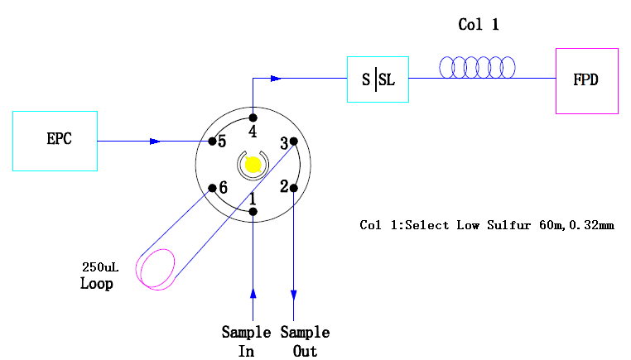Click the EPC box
click(x=55, y=141)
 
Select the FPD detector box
click(x=586, y=80)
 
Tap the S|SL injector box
click(x=378, y=79)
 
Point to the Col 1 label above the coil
click(x=479, y=25)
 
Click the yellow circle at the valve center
click(x=253, y=165)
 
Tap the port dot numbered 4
click(x=253, y=118)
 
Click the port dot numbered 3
click(x=294, y=142)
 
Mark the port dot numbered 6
click(x=213, y=188)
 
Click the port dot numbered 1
click(x=253, y=212)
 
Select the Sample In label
click(x=246, y=341)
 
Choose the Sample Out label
click(x=305, y=341)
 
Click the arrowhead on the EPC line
click(x=154, y=142)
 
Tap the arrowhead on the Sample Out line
click(x=294, y=294)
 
